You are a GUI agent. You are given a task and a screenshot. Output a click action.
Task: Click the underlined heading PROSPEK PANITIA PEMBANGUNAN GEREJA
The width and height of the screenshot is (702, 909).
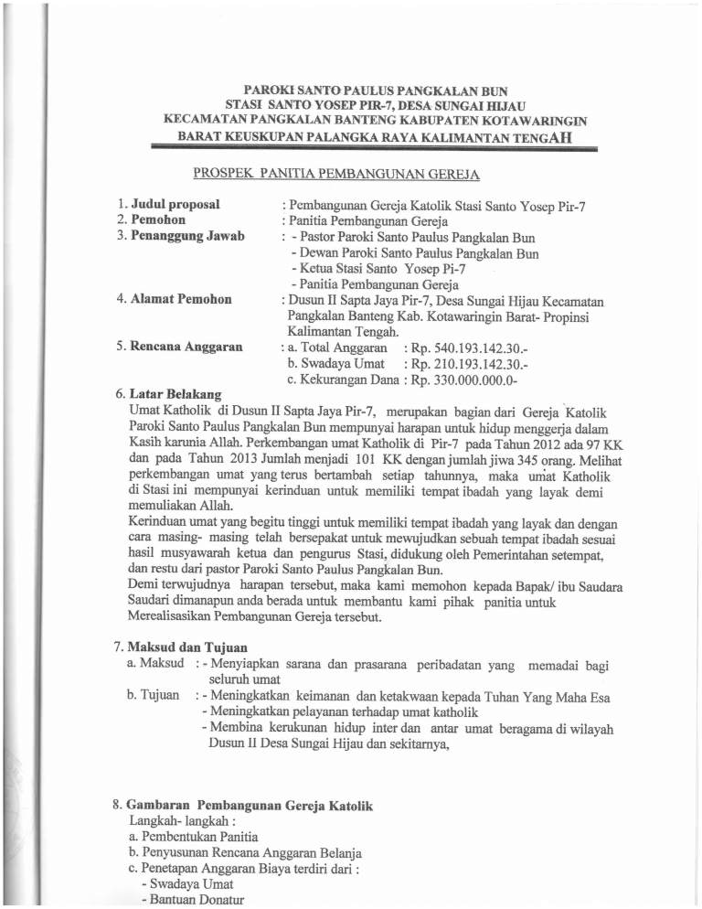[x=337, y=173]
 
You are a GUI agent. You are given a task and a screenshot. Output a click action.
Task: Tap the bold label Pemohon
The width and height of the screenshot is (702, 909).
[x=157, y=220]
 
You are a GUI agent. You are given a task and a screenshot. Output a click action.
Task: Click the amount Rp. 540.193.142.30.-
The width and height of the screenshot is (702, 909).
[x=475, y=348]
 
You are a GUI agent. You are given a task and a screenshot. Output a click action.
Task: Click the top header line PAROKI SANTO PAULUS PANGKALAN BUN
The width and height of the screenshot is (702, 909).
[x=349, y=91]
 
